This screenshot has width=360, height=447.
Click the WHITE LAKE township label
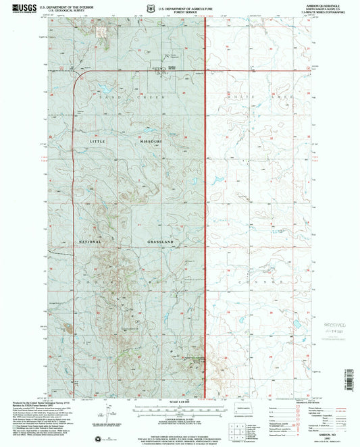pyautogui.click(x=261, y=98)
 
